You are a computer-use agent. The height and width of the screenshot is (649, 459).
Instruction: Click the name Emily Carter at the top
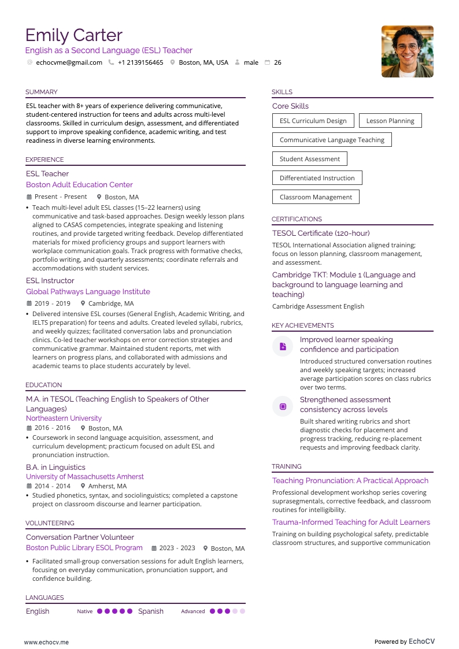73,35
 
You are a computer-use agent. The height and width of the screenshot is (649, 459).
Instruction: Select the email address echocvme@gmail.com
69,62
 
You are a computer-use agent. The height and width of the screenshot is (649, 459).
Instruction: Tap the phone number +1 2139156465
140,62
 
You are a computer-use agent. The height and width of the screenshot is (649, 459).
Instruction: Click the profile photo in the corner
407,51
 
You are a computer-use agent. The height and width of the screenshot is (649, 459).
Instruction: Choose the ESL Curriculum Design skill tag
313,121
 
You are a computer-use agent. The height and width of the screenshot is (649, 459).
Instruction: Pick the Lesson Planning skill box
390,121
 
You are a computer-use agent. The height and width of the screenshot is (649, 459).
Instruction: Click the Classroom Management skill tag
316,197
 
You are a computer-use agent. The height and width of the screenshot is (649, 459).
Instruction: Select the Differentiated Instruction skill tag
317,178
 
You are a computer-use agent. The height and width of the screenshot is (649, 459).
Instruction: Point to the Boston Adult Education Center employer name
79,185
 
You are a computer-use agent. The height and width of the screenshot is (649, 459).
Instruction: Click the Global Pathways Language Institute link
88,292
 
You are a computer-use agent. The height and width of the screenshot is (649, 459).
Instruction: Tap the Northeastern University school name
64,418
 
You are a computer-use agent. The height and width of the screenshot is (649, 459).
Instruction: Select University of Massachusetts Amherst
85,477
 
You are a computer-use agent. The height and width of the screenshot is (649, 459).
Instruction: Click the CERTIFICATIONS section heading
297,219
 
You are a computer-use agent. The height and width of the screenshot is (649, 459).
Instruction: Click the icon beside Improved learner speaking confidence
283,346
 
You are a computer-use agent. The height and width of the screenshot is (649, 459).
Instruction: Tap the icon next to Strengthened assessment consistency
283,406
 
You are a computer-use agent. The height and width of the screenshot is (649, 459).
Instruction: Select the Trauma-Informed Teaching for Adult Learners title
351,522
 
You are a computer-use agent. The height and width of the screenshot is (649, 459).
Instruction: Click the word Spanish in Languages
151,611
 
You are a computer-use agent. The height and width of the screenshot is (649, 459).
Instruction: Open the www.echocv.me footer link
46,642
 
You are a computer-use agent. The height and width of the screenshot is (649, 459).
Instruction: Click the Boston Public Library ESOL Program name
84,548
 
